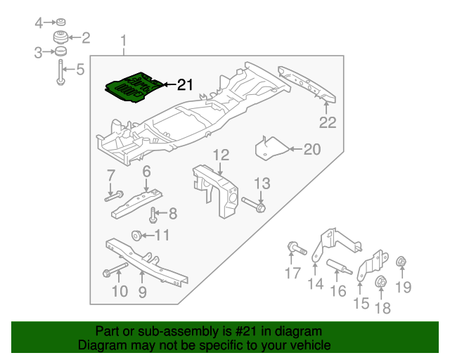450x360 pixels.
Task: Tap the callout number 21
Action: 184,85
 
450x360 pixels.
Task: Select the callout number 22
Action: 328,122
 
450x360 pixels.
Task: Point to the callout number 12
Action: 221,155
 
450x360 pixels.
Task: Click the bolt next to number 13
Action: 254,206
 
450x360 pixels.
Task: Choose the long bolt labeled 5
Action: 61,73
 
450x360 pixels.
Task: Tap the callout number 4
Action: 39,22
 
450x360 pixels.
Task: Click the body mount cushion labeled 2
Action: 62,38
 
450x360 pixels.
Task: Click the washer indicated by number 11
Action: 136,235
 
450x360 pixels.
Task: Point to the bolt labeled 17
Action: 295,247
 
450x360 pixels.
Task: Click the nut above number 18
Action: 380,282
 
